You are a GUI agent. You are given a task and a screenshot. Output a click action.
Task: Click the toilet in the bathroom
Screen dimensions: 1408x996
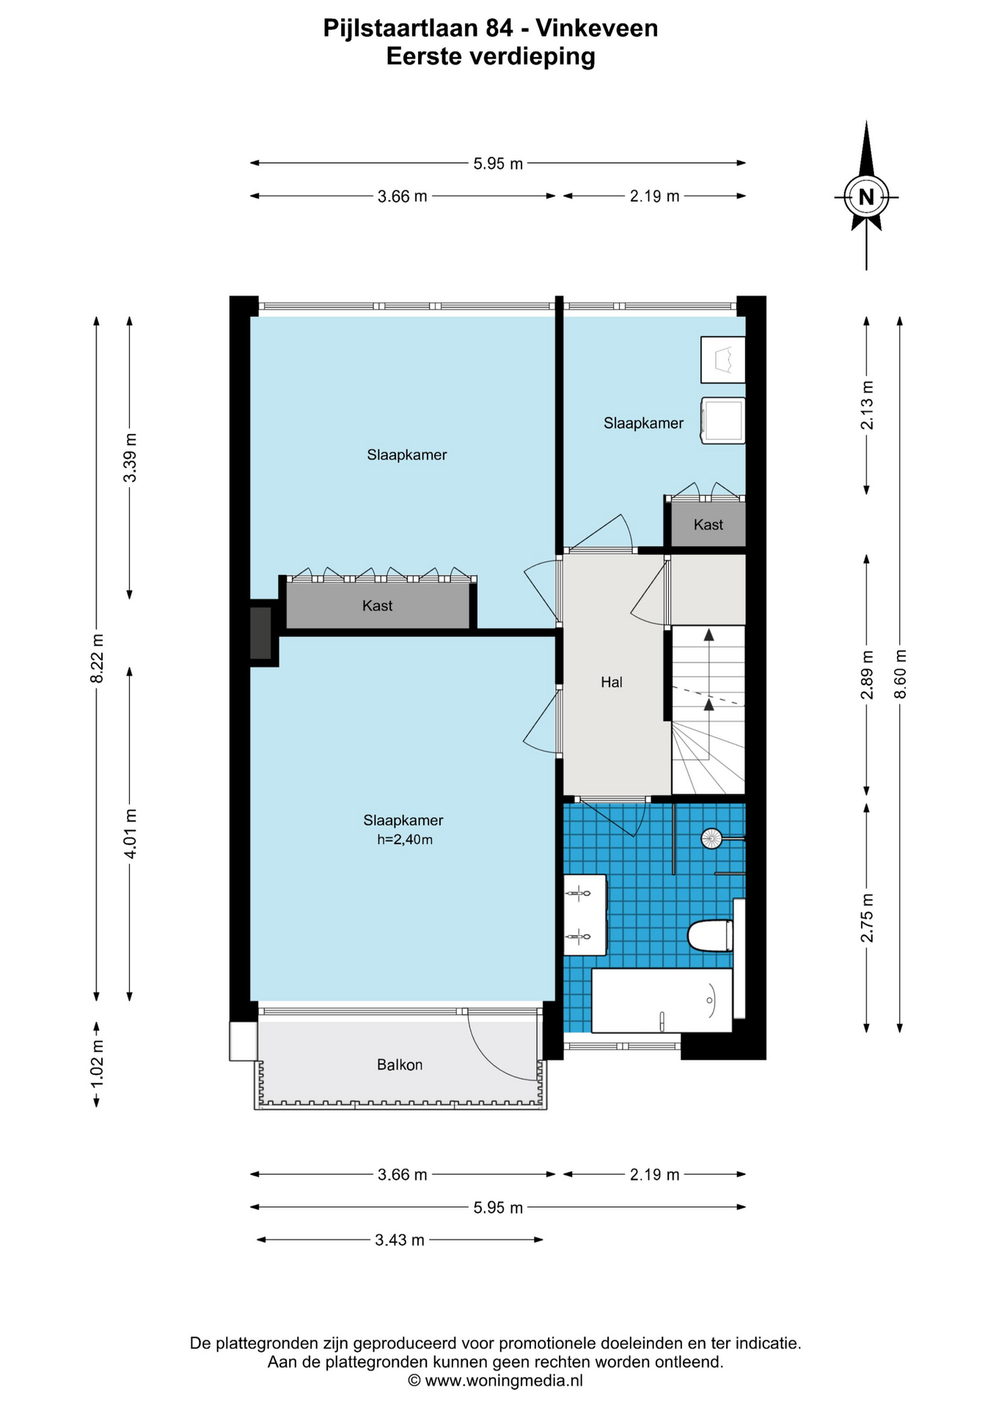pyautogui.click(x=710, y=936)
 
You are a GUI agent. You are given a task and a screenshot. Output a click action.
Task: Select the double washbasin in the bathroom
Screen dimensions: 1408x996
pyautogui.click(x=585, y=914)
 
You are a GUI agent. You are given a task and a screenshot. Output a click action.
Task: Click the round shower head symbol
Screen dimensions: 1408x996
pyautogui.click(x=711, y=837)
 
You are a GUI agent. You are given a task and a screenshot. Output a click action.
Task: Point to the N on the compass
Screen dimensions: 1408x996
pyautogui.click(x=866, y=197)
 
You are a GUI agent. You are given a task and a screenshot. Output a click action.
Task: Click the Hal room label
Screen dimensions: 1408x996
pyautogui.click(x=611, y=682)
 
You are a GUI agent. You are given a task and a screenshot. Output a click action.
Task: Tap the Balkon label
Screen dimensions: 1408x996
pyautogui.click(x=400, y=1064)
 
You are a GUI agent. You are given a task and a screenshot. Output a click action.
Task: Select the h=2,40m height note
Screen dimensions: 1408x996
pyautogui.click(x=405, y=840)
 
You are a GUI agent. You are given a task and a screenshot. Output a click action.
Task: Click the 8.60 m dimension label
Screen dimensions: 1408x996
pyautogui.click(x=901, y=674)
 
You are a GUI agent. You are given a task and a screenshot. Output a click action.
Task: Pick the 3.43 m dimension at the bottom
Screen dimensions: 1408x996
pyautogui.click(x=400, y=1239)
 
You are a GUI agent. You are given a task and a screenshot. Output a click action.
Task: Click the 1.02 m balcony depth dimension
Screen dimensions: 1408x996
pyautogui.click(x=97, y=1063)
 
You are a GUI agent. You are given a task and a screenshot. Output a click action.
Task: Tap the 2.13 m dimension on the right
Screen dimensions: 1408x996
pyautogui.click(x=867, y=405)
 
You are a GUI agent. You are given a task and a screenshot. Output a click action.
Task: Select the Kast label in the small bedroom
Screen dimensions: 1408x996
pyautogui.click(x=708, y=524)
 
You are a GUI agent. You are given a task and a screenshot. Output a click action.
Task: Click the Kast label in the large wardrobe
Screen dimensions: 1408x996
pyautogui.click(x=377, y=606)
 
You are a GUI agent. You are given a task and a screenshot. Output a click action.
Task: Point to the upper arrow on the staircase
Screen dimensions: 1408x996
pyautogui.click(x=708, y=635)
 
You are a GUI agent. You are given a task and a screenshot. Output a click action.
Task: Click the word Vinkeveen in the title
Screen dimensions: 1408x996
pyautogui.click(x=596, y=28)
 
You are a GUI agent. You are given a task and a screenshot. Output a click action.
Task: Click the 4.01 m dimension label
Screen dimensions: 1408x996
pyautogui.click(x=130, y=833)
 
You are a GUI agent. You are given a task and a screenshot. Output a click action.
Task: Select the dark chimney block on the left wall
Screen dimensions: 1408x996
pyautogui.click(x=260, y=633)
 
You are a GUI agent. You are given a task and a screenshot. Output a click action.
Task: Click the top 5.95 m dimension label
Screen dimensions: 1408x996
pyautogui.click(x=498, y=164)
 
